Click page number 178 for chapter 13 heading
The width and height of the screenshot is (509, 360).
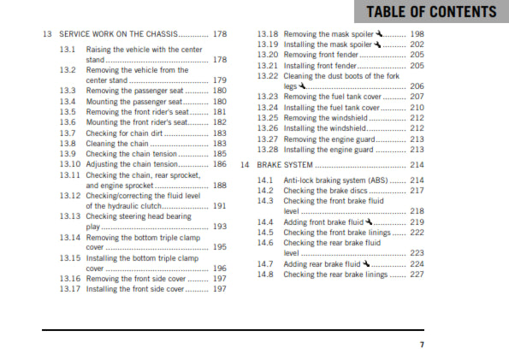(x=222, y=34)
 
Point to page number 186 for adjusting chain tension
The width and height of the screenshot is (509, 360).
(x=220, y=163)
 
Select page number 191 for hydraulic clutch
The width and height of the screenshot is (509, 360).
(x=220, y=206)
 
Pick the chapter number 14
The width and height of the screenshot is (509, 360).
(x=245, y=164)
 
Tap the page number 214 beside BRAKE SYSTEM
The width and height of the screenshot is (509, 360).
(x=417, y=164)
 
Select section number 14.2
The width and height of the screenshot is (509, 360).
(x=265, y=191)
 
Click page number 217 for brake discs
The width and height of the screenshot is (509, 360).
(x=417, y=191)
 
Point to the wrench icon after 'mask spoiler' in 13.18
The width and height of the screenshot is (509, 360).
(x=378, y=33)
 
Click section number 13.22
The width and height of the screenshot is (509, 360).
(x=268, y=75)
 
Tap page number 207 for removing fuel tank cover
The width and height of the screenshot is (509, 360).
(x=417, y=97)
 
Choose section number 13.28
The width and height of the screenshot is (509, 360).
(x=268, y=150)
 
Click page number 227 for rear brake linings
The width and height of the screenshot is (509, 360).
(x=417, y=274)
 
